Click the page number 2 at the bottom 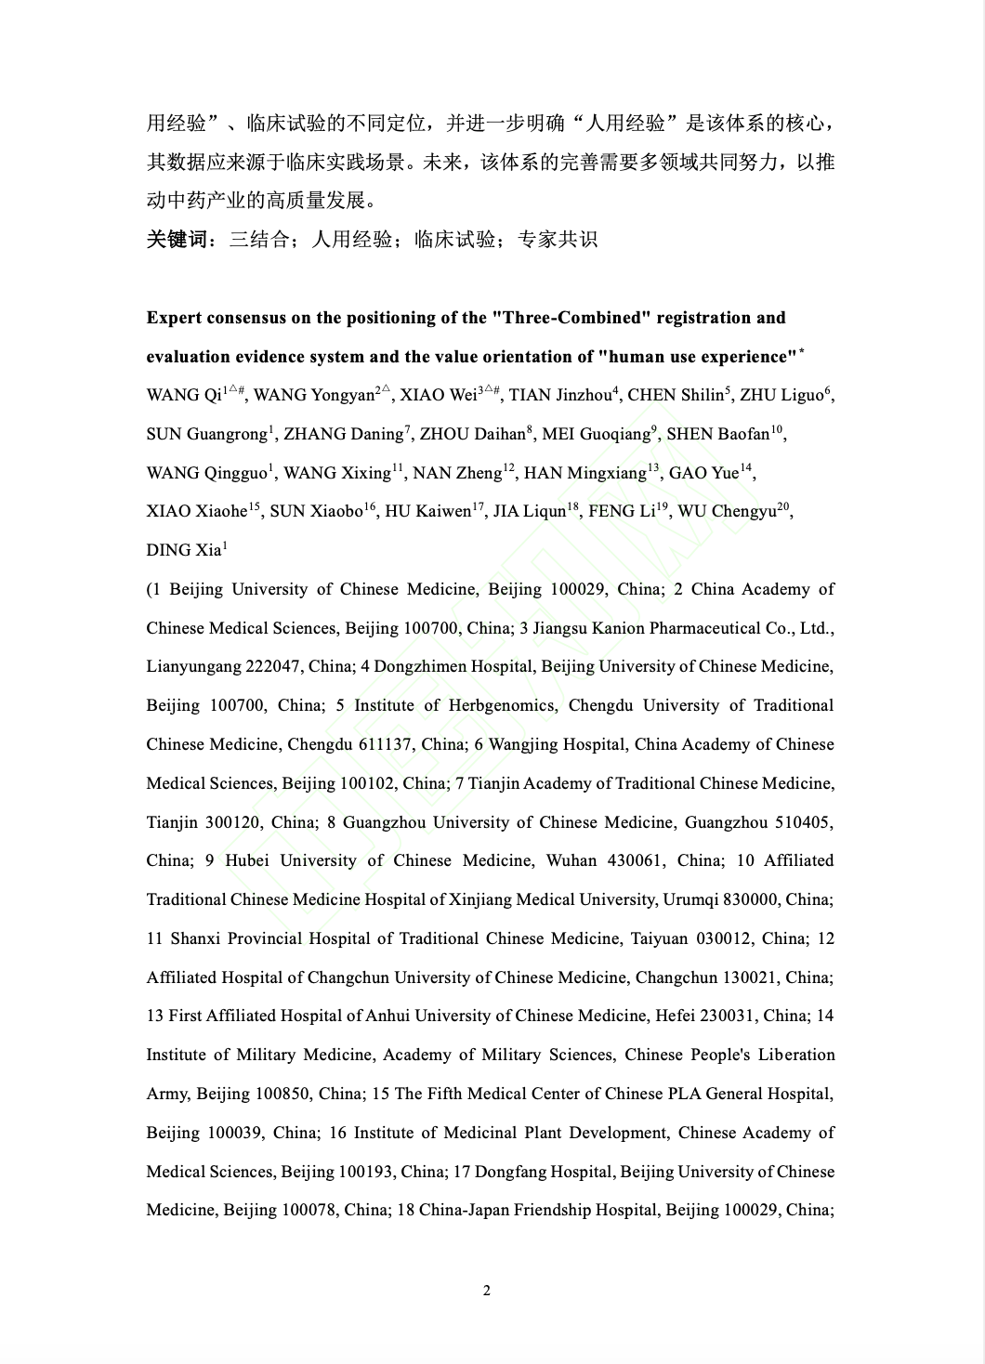point(486,1290)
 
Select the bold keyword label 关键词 point(177,240)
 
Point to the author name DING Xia point(183,551)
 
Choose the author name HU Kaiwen point(427,512)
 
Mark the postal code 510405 point(801,822)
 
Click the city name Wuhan point(571,860)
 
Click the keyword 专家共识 point(557,240)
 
